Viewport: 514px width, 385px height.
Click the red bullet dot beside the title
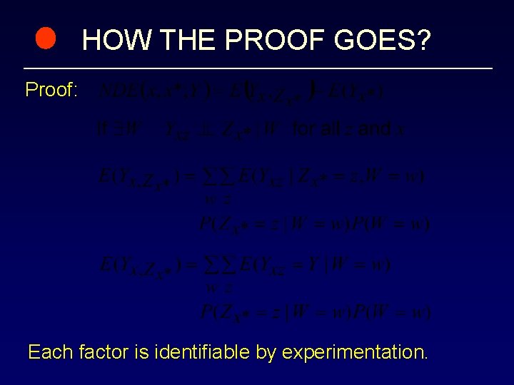point(46,40)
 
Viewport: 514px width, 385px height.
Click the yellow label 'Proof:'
point(51,91)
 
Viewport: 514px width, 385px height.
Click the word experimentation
point(355,352)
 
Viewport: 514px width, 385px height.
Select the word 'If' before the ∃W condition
point(101,130)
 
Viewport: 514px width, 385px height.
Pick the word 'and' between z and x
point(374,129)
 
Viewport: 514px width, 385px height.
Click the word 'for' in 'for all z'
point(307,129)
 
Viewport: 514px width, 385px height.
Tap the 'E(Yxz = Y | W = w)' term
point(314,265)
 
